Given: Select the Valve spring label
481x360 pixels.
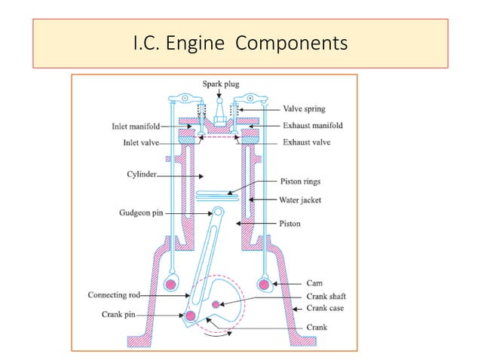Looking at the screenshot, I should pyautogui.click(x=305, y=108).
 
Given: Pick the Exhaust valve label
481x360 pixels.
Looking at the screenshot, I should pyautogui.click(x=307, y=141).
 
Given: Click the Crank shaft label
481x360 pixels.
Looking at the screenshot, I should pyautogui.click(x=305, y=297).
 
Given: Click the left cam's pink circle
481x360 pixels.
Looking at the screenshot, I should pyautogui.click(x=171, y=285).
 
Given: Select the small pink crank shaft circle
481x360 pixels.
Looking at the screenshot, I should pyautogui.click(x=216, y=304).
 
